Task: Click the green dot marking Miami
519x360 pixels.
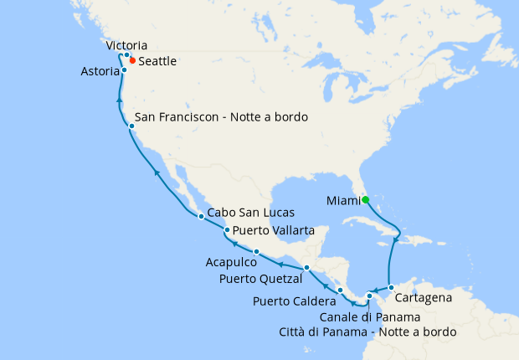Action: pyautogui.click(x=365, y=199)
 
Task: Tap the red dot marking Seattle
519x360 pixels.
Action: pyautogui.click(x=132, y=61)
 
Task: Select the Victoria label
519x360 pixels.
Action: pyautogui.click(x=127, y=45)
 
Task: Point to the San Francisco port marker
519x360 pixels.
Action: pyautogui.click(x=132, y=126)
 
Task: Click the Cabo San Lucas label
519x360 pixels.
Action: pyautogui.click(x=248, y=213)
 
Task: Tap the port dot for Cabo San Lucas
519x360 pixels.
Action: pyautogui.click(x=201, y=217)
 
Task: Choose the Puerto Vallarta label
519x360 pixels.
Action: pyautogui.click(x=274, y=230)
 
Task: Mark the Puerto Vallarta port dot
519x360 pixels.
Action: pyautogui.click(x=227, y=230)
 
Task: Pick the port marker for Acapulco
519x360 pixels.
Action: pyautogui.click(x=255, y=252)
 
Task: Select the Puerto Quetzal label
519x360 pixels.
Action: pyautogui.click(x=262, y=278)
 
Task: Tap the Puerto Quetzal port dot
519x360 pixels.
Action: pyautogui.click(x=307, y=268)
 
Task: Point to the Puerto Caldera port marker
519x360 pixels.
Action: pyautogui.click(x=340, y=291)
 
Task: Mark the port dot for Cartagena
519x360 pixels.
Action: pyautogui.click(x=391, y=288)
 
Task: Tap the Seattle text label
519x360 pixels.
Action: pyautogui.click(x=158, y=62)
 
